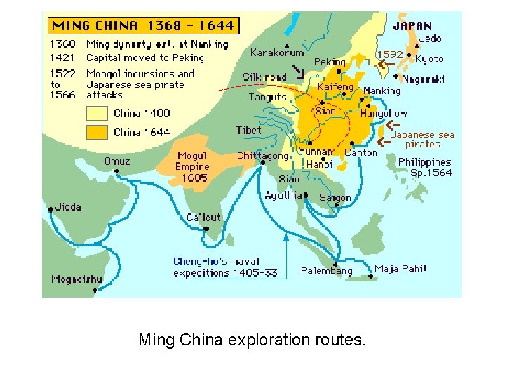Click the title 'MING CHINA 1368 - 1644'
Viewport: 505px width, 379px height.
click(x=143, y=26)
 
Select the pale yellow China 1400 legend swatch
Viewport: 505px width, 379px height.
click(x=96, y=113)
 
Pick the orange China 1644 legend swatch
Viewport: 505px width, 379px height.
click(x=96, y=132)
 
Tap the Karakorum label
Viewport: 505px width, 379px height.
click(x=277, y=53)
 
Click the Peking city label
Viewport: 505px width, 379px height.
click(x=330, y=62)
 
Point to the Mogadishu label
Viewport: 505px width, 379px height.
click(x=76, y=279)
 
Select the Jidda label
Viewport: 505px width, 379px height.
click(x=68, y=207)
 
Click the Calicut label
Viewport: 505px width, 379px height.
click(x=203, y=218)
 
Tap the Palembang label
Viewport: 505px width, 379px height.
click(x=326, y=271)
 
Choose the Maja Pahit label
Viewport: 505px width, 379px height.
click(x=400, y=269)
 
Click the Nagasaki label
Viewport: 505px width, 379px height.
click(x=423, y=79)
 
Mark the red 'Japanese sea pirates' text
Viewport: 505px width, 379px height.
click(x=422, y=139)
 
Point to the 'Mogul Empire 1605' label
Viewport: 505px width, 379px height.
click(x=193, y=166)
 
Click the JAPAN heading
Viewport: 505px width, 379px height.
click(x=412, y=27)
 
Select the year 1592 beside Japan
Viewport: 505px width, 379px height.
click(x=390, y=53)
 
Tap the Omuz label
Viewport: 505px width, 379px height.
click(x=116, y=161)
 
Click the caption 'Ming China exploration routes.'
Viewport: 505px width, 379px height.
click(x=252, y=340)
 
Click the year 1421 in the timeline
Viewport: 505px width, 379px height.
click(x=62, y=58)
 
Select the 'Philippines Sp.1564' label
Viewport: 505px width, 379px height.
click(x=425, y=167)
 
